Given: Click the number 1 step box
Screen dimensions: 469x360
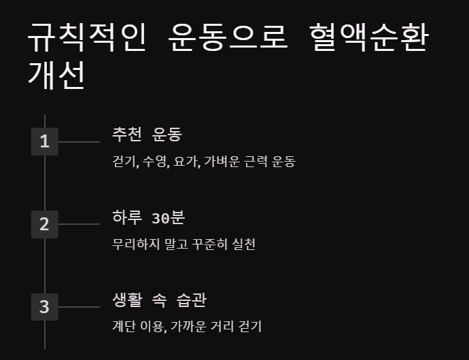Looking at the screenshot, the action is (x=45, y=142).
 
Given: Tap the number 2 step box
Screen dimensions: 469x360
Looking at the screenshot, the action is (x=45, y=224).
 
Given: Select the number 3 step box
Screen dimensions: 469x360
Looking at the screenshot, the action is (x=45, y=307).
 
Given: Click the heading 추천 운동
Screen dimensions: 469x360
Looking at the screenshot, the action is (x=147, y=134).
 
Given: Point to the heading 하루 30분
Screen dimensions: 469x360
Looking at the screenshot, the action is (x=148, y=218).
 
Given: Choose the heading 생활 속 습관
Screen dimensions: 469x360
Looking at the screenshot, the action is (x=159, y=300).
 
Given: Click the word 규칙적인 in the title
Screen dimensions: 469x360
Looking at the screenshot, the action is (x=86, y=39).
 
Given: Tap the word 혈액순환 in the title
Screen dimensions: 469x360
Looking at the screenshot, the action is (x=368, y=39).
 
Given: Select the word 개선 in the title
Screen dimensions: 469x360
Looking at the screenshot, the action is (x=56, y=75).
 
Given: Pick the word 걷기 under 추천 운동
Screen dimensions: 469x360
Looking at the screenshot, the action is (x=124, y=162).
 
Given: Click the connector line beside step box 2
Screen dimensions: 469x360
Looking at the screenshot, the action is (x=79, y=224).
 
